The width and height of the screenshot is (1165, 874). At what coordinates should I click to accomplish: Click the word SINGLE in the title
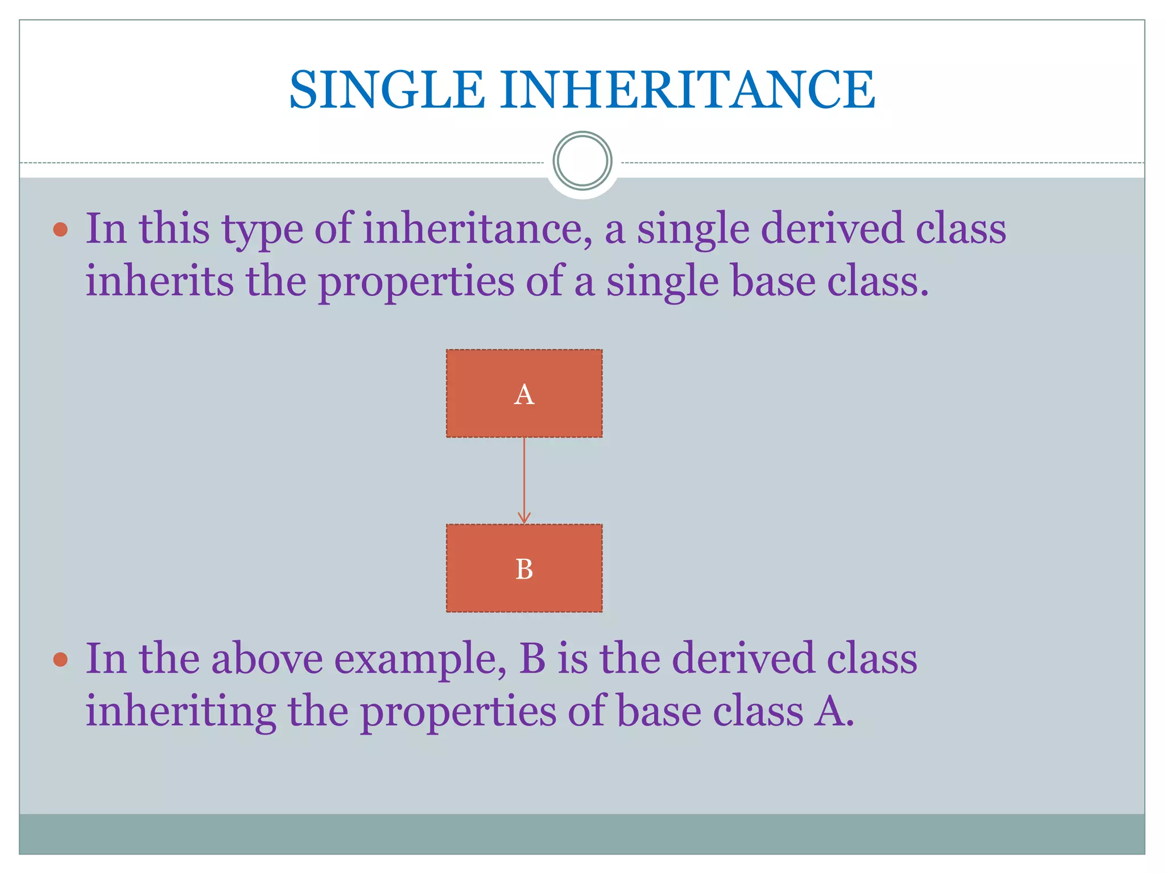point(387,90)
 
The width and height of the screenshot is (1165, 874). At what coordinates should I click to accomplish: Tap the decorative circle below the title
point(582,161)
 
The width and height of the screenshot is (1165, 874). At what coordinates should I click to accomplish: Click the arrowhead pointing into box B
point(524,518)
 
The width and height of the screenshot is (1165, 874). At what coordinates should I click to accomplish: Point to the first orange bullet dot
point(60,230)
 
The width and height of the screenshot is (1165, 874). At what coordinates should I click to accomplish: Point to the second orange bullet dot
point(60,659)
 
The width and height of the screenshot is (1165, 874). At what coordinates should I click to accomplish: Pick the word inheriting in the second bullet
point(180,713)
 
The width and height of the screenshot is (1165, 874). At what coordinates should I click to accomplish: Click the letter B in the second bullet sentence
point(532,659)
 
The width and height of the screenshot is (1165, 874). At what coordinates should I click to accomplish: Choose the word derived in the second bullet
point(743,659)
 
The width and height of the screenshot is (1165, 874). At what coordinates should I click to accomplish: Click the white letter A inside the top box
point(524,394)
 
